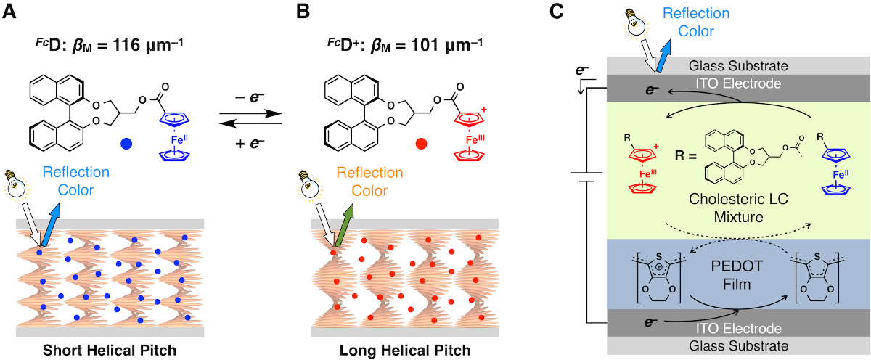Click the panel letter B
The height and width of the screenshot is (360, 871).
coord(299,11)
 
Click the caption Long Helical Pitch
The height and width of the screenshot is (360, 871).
coord(404,351)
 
